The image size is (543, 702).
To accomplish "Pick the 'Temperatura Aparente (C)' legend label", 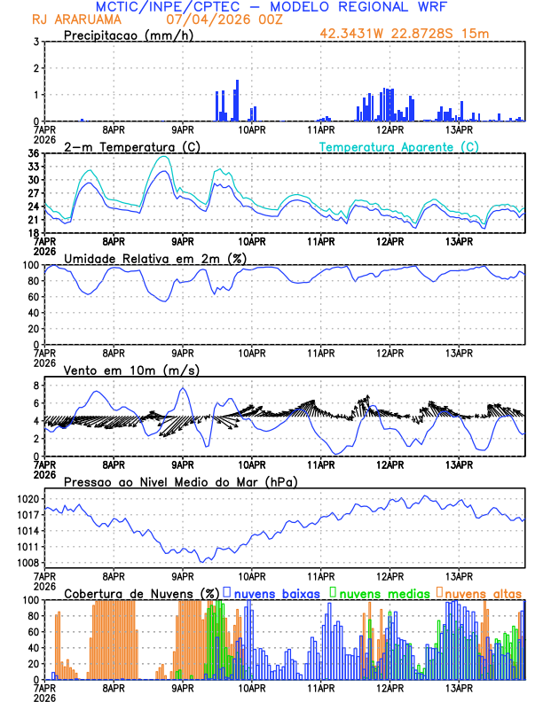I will tap(398, 146).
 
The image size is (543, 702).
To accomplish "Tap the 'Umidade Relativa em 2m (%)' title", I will tap(154, 258).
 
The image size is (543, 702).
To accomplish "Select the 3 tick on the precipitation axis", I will tap(35, 42).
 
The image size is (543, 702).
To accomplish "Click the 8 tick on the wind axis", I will tap(35, 386).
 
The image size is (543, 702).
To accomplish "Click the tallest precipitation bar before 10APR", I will tap(237, 100).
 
